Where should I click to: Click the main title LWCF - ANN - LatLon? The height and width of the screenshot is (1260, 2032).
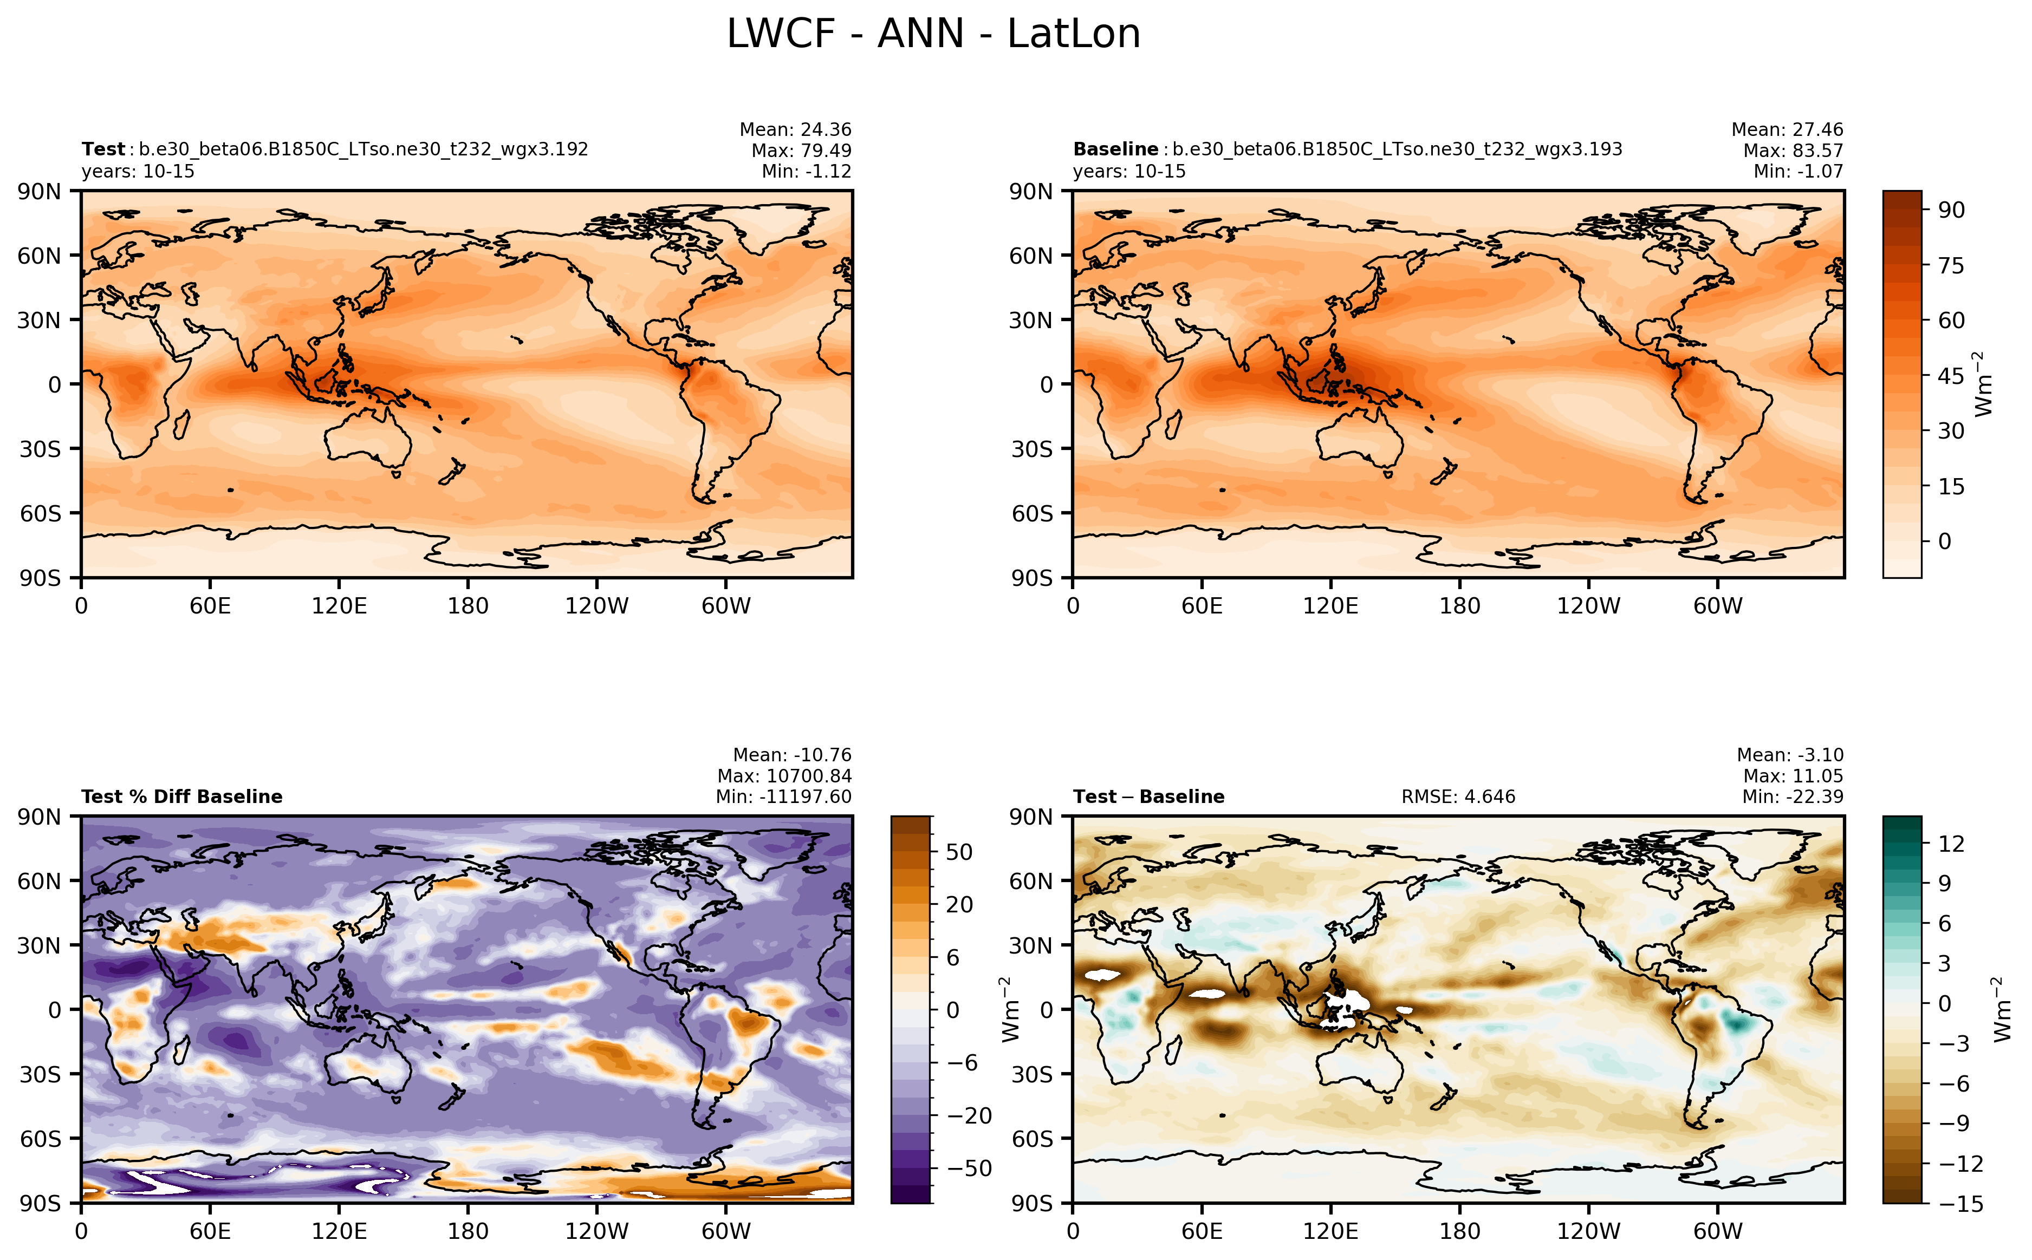click(933, 34)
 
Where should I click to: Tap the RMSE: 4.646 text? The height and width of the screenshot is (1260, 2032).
click(1458, 797)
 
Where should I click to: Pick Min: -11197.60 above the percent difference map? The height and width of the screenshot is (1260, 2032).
click(783, 797)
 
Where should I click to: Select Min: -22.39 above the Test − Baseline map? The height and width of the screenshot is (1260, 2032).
click(1792, 797)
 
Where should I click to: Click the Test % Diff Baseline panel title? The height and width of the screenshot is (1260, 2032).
click(181, 797)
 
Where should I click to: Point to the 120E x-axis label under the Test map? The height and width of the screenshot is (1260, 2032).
click(339, 606)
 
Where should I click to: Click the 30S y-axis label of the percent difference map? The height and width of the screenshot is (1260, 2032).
click(40, 1074)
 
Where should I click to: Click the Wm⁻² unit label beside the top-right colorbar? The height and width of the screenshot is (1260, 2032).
click(1984, 384)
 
